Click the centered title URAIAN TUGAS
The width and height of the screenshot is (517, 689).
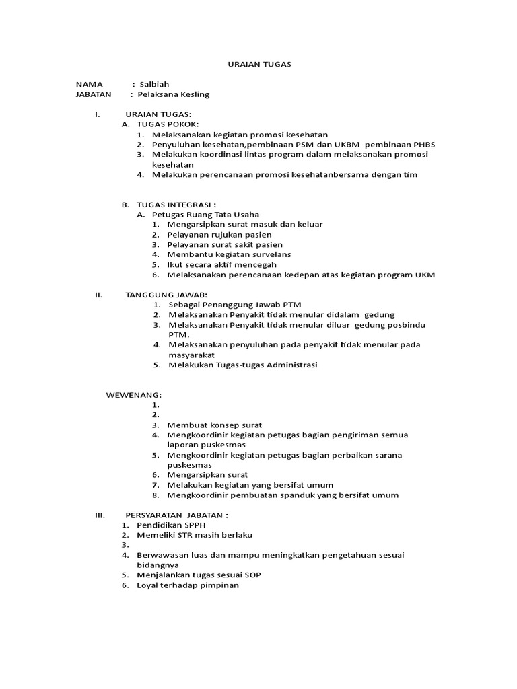(258, 64)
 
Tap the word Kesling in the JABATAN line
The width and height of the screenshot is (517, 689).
(195, 94)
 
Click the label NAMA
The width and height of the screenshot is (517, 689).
(89, 84)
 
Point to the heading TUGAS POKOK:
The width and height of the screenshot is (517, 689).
(168, 124)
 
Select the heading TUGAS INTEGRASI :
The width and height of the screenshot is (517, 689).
(176, 205)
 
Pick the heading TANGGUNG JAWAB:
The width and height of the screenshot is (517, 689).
(166, 295)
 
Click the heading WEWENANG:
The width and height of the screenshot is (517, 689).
(133, 394)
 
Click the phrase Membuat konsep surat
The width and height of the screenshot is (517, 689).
(215, 425)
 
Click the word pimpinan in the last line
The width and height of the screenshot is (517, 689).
(217, 585)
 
